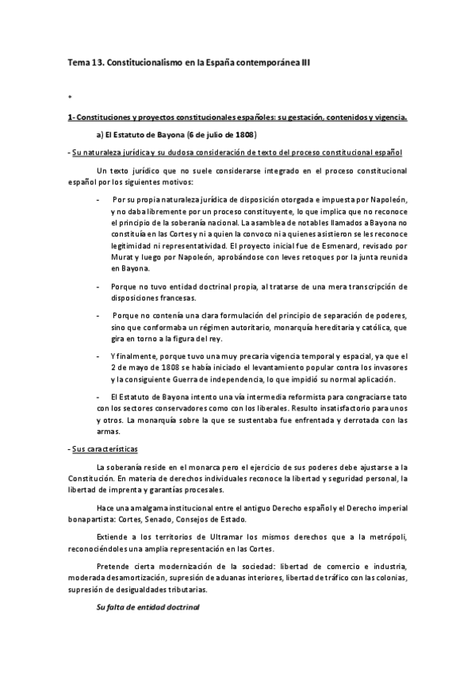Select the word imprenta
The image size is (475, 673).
click(113, 490)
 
